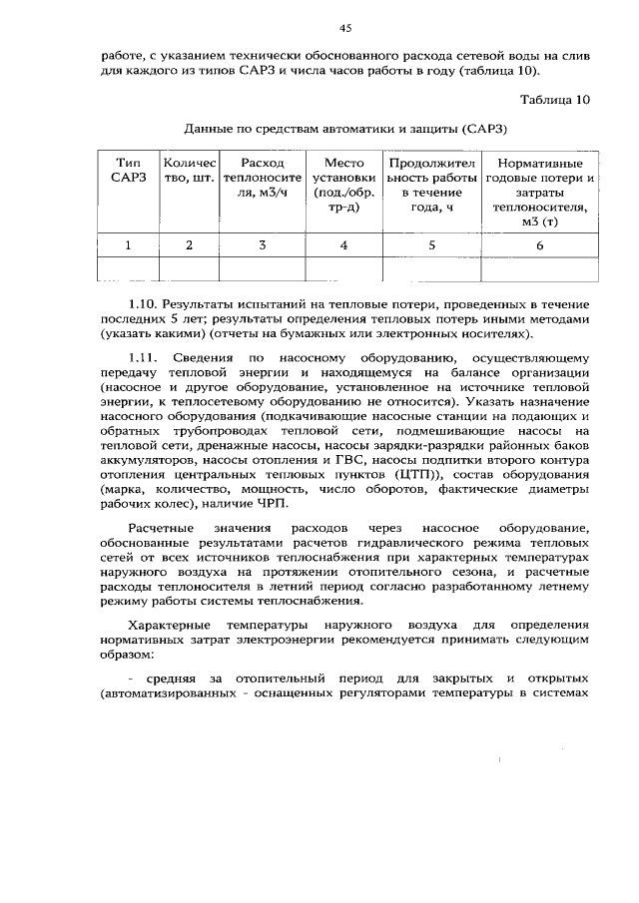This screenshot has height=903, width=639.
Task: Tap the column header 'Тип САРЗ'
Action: [128, 170]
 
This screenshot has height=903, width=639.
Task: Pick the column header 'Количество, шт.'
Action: [189, 170]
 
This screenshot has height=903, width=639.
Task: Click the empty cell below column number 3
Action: [262, 268]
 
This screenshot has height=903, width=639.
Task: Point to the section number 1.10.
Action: [144, 301]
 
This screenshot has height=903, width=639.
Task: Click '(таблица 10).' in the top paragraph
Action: [504, 72]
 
